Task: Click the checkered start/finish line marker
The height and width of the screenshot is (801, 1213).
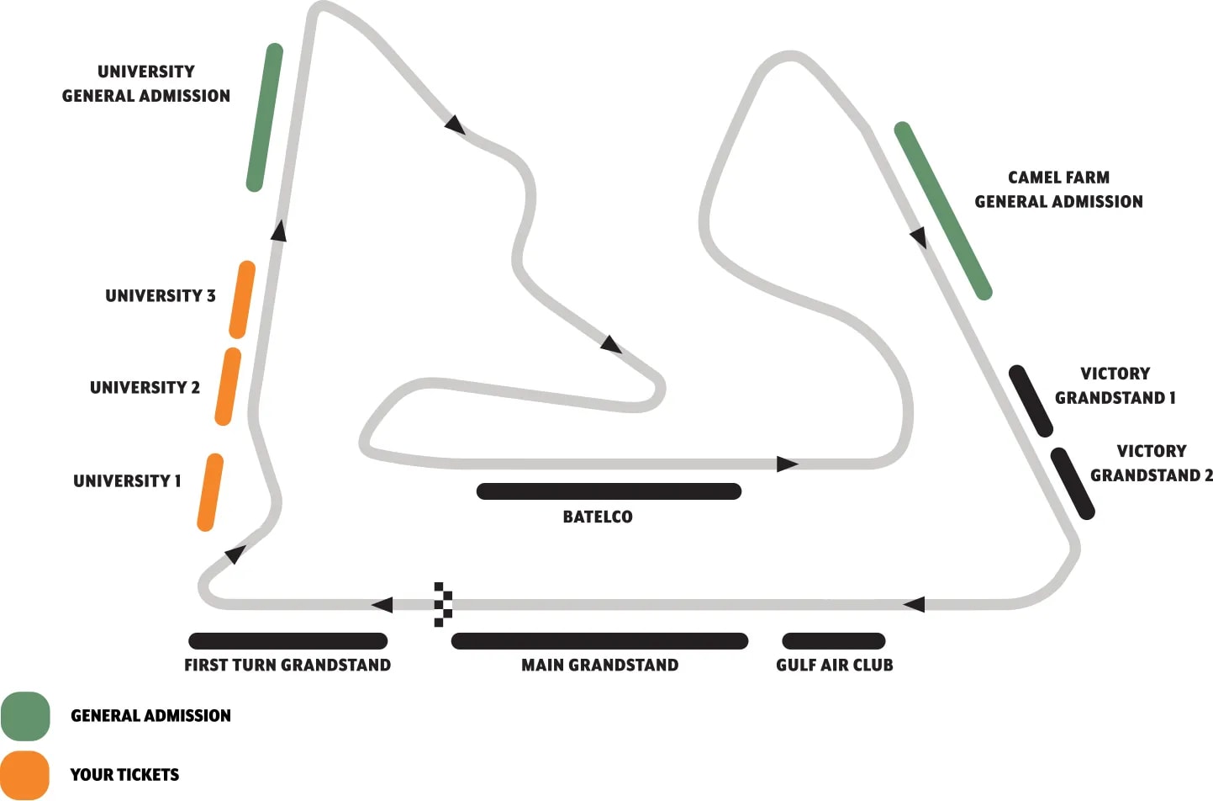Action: click(443, 604)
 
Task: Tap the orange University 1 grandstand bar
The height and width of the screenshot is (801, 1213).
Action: click(210, 492)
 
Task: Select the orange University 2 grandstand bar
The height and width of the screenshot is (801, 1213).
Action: click(228, 386)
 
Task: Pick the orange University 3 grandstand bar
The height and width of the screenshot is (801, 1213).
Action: click(242, 300)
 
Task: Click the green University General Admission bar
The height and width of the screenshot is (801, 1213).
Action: click(264, 117)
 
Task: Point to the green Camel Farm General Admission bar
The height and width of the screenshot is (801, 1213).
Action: click(942, 210)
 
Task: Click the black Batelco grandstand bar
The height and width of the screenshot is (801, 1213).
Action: click(609, 491)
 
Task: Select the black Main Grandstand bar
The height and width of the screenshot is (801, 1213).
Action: click(599, 641)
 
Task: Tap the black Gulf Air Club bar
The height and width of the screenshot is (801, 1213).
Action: click(833, 641)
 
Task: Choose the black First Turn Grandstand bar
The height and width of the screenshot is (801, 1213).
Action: click(287, 641)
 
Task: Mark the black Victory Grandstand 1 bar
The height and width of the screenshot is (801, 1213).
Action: click(1031, 400)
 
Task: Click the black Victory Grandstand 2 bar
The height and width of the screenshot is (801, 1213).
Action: click(1073, 483)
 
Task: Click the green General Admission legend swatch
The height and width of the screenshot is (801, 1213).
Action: click(25, 716)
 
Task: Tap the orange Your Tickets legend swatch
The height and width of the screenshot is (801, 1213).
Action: click(25, 775)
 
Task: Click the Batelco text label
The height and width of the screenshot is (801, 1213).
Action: click(598, 517)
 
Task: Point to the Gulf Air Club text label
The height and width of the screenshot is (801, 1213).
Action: click(834, 665)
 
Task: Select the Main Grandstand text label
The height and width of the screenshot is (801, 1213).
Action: click(599, 665)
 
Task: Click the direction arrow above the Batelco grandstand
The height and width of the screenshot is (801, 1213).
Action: click(787, 464)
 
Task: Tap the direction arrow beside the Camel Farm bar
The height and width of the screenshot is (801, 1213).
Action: click(919, 237)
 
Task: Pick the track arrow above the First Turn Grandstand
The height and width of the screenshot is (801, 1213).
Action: click(382, 604)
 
